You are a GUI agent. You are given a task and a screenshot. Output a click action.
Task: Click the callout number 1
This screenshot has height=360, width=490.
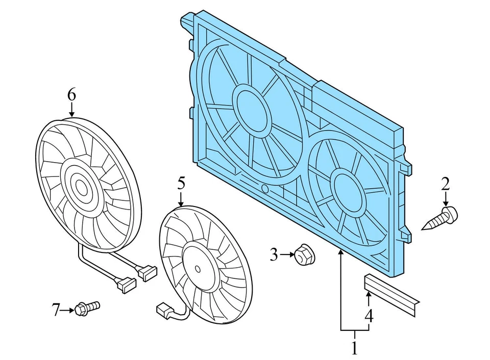(x=354, y=348)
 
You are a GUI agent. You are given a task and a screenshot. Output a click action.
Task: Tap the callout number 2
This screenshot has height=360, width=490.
(x=446, y=184)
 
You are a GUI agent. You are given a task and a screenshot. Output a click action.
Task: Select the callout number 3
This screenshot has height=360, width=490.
(x=274, y=254)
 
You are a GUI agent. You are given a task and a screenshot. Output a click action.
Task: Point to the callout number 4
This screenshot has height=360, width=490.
(x=369, y=316)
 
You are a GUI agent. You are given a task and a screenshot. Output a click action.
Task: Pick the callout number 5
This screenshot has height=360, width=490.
(x=181, y=183)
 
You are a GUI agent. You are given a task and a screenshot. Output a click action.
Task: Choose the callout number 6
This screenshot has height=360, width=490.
(x=71, y=94)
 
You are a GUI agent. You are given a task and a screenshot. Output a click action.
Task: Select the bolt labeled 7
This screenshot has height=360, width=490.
(x=87, y=308)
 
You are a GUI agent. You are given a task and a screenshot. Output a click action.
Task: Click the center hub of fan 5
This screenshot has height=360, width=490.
(x=196, y=266)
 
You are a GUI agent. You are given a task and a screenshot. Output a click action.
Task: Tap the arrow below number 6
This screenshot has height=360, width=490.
(x=71, y=109)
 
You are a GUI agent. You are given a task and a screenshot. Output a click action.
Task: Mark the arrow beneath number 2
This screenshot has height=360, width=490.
(x=446, y=199)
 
